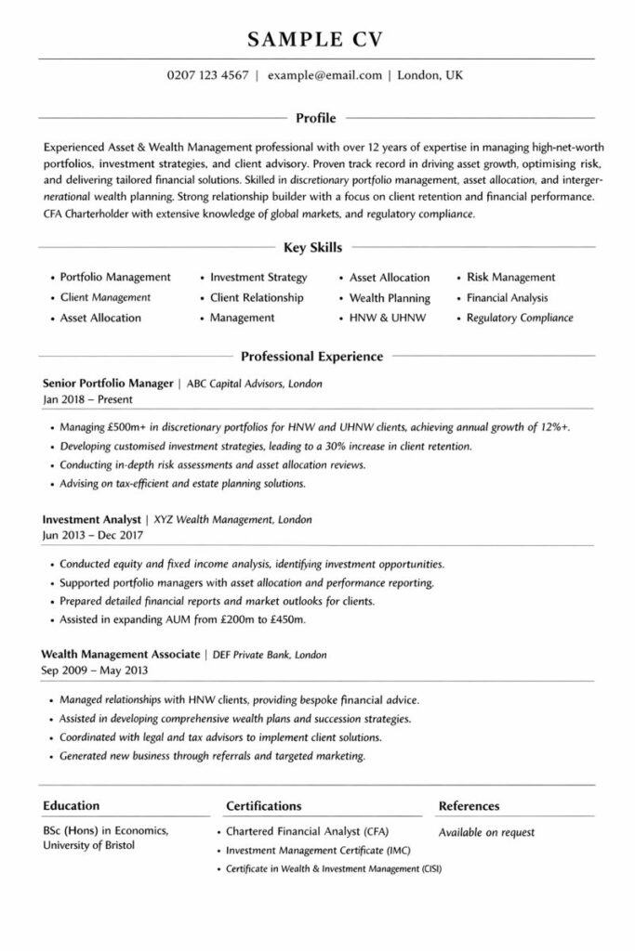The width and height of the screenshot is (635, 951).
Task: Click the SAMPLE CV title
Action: pyautogui.click(x=316, y=39)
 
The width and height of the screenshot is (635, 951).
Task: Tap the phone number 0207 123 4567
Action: pyautogui.click(x=207, y=76)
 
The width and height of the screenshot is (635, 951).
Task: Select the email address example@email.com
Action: pyautogui.click(x=324, y=76)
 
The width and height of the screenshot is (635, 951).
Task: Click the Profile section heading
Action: pyautogui.click(x=315, y=118)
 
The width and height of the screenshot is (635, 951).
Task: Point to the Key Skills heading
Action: pyautogui.click(x=312, y=248)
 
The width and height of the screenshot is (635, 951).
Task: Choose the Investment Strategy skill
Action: pyautogui.click(x=258, y=278)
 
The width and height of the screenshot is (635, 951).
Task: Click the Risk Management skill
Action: pyautogui.click(x=510, y=278)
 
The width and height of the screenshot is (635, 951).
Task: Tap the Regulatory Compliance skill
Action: pyautogui.click(x=520, y=318)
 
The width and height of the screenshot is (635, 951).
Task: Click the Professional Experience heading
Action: pyautogui.click(x=311, y=356)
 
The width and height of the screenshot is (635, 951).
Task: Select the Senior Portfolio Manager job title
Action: pyautogui.click(x=109, y=383)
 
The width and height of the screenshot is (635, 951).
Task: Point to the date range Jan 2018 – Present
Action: pyautogui.click(x=88, y=399)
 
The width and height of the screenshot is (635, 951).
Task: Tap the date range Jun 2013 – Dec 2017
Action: pyautogui.click(x=94, y=536)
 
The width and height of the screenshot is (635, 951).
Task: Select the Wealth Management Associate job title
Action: pyautogui.click(x=122, y=655)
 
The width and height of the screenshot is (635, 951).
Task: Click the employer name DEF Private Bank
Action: pyautogui.click(x=244, y=655)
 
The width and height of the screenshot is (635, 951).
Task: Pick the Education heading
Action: pyautogui.click(x=71, y=806)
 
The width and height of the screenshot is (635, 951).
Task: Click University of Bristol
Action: pyautogui.click(x=89, y=846)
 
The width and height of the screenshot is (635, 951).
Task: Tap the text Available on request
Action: pyautogui.click(x=486, y=832)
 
